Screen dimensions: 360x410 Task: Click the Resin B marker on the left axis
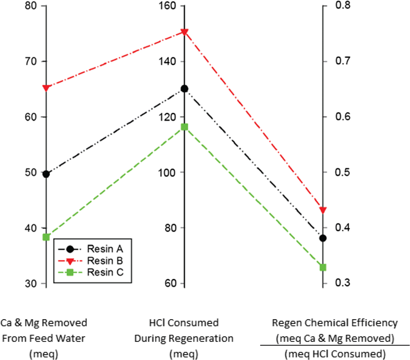[46, 88]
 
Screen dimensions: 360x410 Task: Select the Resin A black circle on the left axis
[46, 174]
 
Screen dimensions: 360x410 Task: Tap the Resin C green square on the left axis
[46, 237]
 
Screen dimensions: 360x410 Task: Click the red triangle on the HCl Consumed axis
[185, 32]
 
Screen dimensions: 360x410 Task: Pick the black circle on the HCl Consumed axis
[185, 89]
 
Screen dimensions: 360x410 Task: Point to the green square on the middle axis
[185, 127]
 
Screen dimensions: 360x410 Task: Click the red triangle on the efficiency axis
[323, 210]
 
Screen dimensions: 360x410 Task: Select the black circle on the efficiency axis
[323, 238]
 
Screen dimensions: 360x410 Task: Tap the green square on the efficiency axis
[323, 267]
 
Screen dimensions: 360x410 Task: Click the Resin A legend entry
[104, 249]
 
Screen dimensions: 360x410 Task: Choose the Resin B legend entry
[104, 261]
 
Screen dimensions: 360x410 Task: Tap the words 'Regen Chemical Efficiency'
[335, 323]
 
